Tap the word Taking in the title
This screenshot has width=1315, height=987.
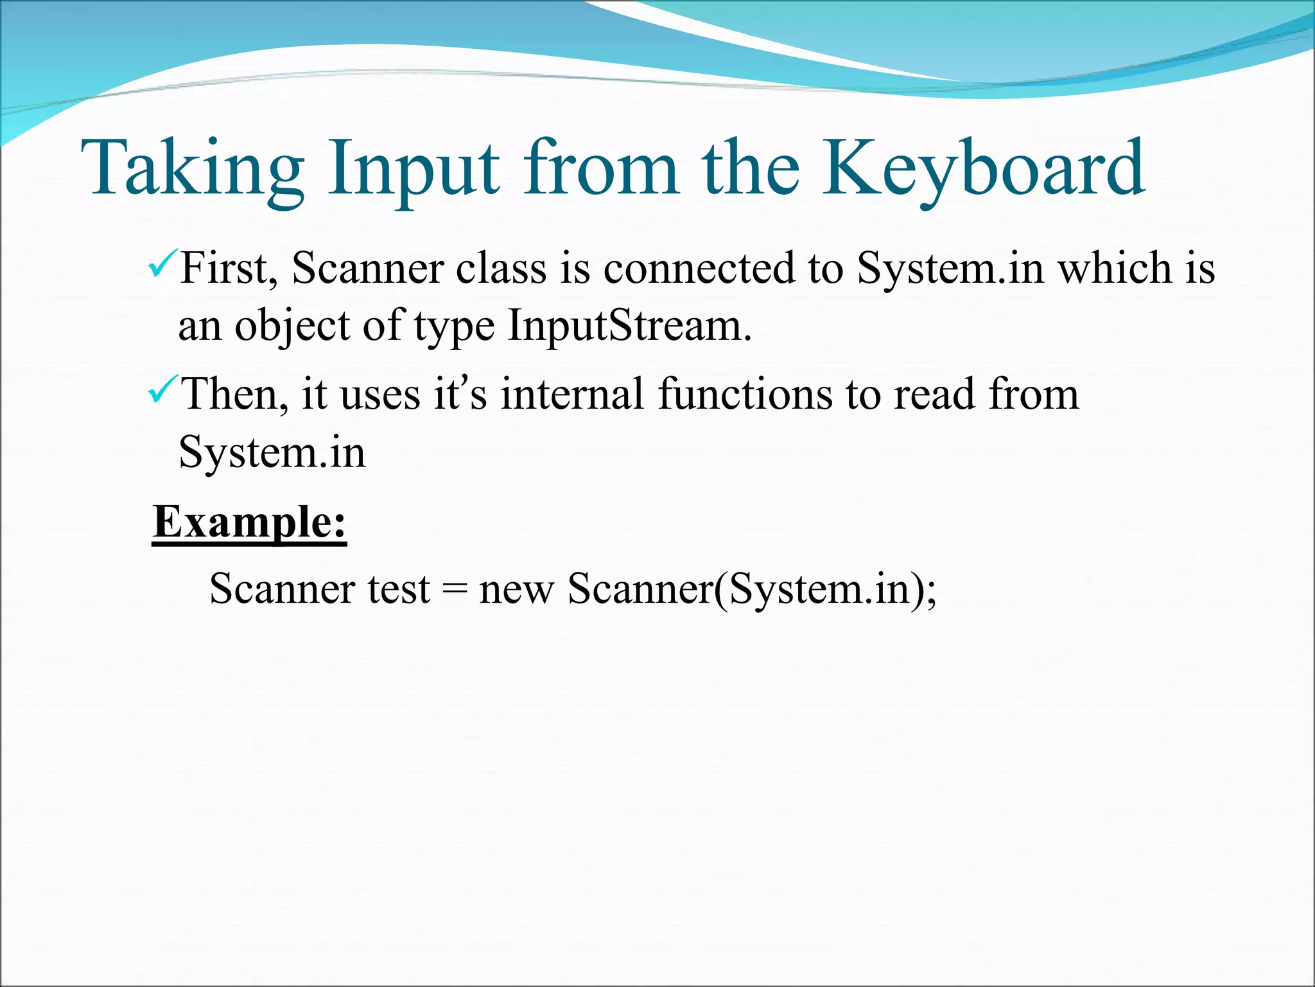pyautogui.click(x=193, y=168)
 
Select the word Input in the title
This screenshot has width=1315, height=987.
pyautogui.click(x=414, y=168)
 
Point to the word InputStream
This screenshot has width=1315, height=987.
pyautogui.click(x=629, y=326)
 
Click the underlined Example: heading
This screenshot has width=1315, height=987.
pyautogui.click(x=249, y=522)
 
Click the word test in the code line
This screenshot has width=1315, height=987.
pyautogui.click(x=398, y=589)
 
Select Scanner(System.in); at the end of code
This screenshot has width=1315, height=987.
pyautogui.click(x=752, y=589)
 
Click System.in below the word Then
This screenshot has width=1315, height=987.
pyautogui.click(x=272, y=453)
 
